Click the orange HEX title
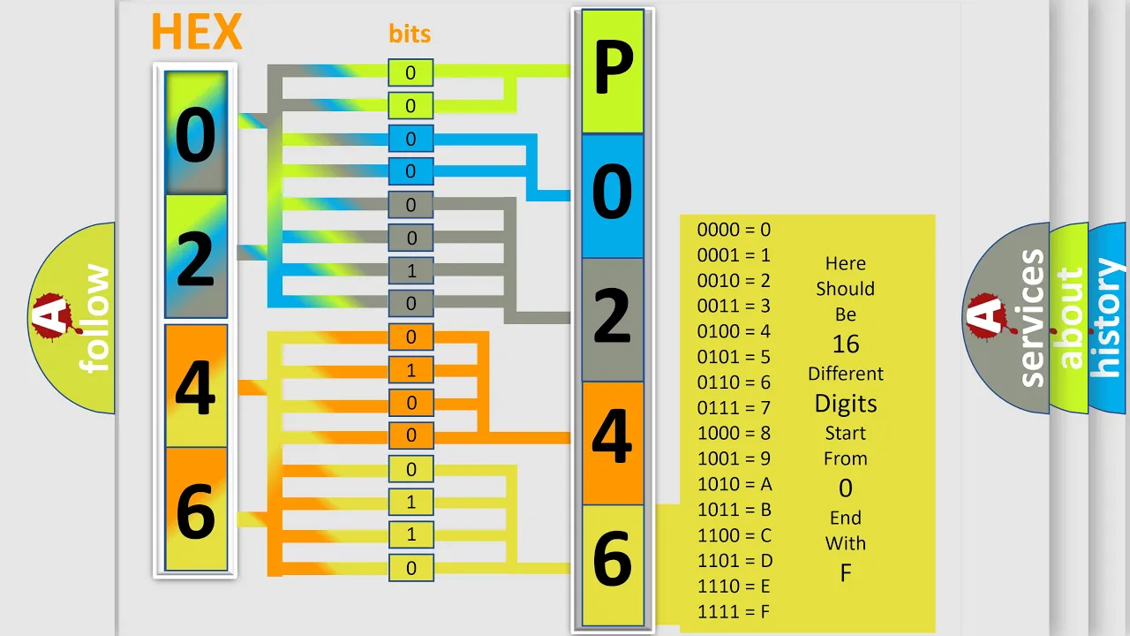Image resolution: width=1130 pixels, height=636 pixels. [x=197, y=32]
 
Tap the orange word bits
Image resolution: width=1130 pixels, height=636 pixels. [x=410, y=34]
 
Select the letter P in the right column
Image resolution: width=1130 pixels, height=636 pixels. [x=613, y=71]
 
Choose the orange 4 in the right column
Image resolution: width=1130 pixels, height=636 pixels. [x=613, y=443]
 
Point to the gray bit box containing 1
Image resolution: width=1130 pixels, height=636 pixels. [x=411, y=271]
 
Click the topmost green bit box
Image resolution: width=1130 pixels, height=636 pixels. [x=411, y=72]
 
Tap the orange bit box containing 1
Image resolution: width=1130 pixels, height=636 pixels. [x=411, y=370]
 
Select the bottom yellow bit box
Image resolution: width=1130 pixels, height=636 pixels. [x=411, y=568]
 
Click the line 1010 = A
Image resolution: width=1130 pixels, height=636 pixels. [x=734, y=484]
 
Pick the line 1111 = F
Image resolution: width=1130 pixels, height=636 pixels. [x=734, y=612]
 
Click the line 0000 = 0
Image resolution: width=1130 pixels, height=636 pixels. [x=734, y=230]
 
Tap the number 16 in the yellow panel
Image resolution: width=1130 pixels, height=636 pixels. [x=846, y=344]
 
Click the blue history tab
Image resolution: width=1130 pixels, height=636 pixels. [x=1108, y=318]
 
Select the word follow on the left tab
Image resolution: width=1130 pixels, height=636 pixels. [x=94, y=318]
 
